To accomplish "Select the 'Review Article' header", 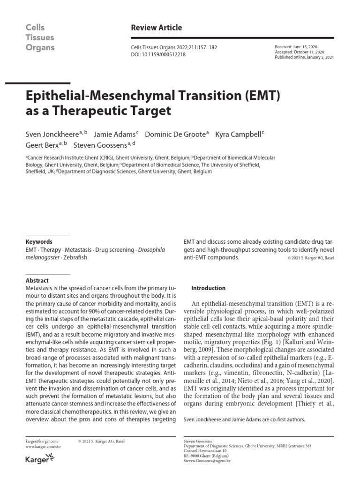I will (x=157, y=28).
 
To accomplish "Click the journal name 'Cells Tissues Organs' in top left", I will (x=40, y=37).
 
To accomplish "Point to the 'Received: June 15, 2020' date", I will (x=297, y=47).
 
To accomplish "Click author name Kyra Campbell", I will (x=238, y=134).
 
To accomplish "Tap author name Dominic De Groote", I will (x=175, y=134).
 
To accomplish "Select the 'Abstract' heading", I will (x=37, y=280).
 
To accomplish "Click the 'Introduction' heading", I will (x=209, y=288).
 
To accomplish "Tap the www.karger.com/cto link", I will (x=43, y=447).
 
